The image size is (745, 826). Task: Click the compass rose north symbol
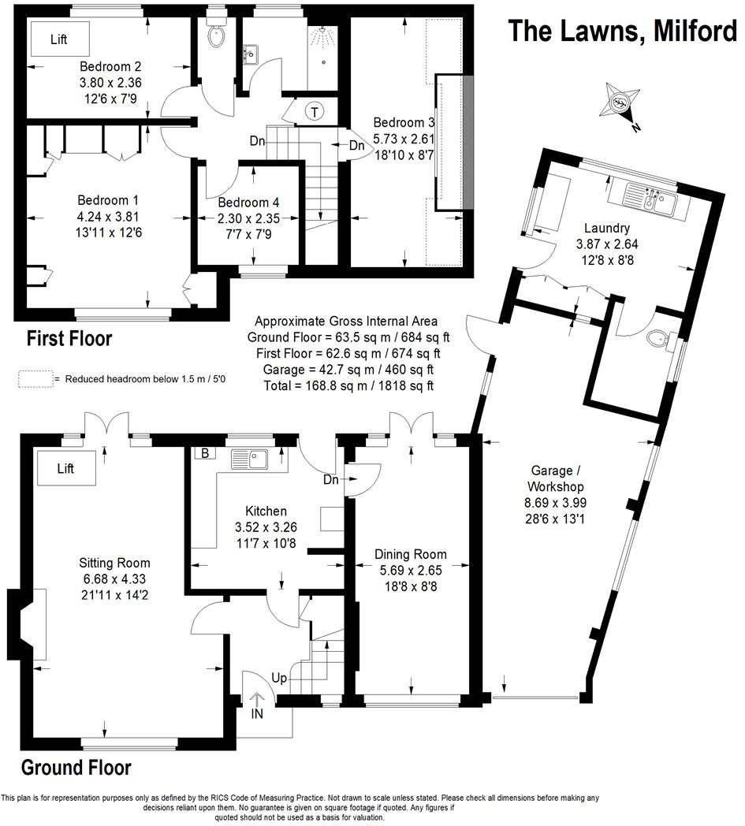click(621, 102)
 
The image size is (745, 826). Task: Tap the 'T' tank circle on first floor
click(315, 112)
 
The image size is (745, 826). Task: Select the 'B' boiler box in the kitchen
click(204, 453)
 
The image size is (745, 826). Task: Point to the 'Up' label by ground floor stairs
click(280, 678)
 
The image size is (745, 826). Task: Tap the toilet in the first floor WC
click(215, 34)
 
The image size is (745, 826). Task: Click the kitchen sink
click(250, 459)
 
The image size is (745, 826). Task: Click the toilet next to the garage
click(656, 339)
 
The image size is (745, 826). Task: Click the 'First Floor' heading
click(69, 339)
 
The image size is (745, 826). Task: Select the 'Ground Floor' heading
click(76, 767)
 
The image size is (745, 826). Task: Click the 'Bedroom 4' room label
click(249, 202)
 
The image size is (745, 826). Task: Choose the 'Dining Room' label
click(410, 554)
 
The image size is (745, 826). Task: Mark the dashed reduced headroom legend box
click(35, 379)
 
